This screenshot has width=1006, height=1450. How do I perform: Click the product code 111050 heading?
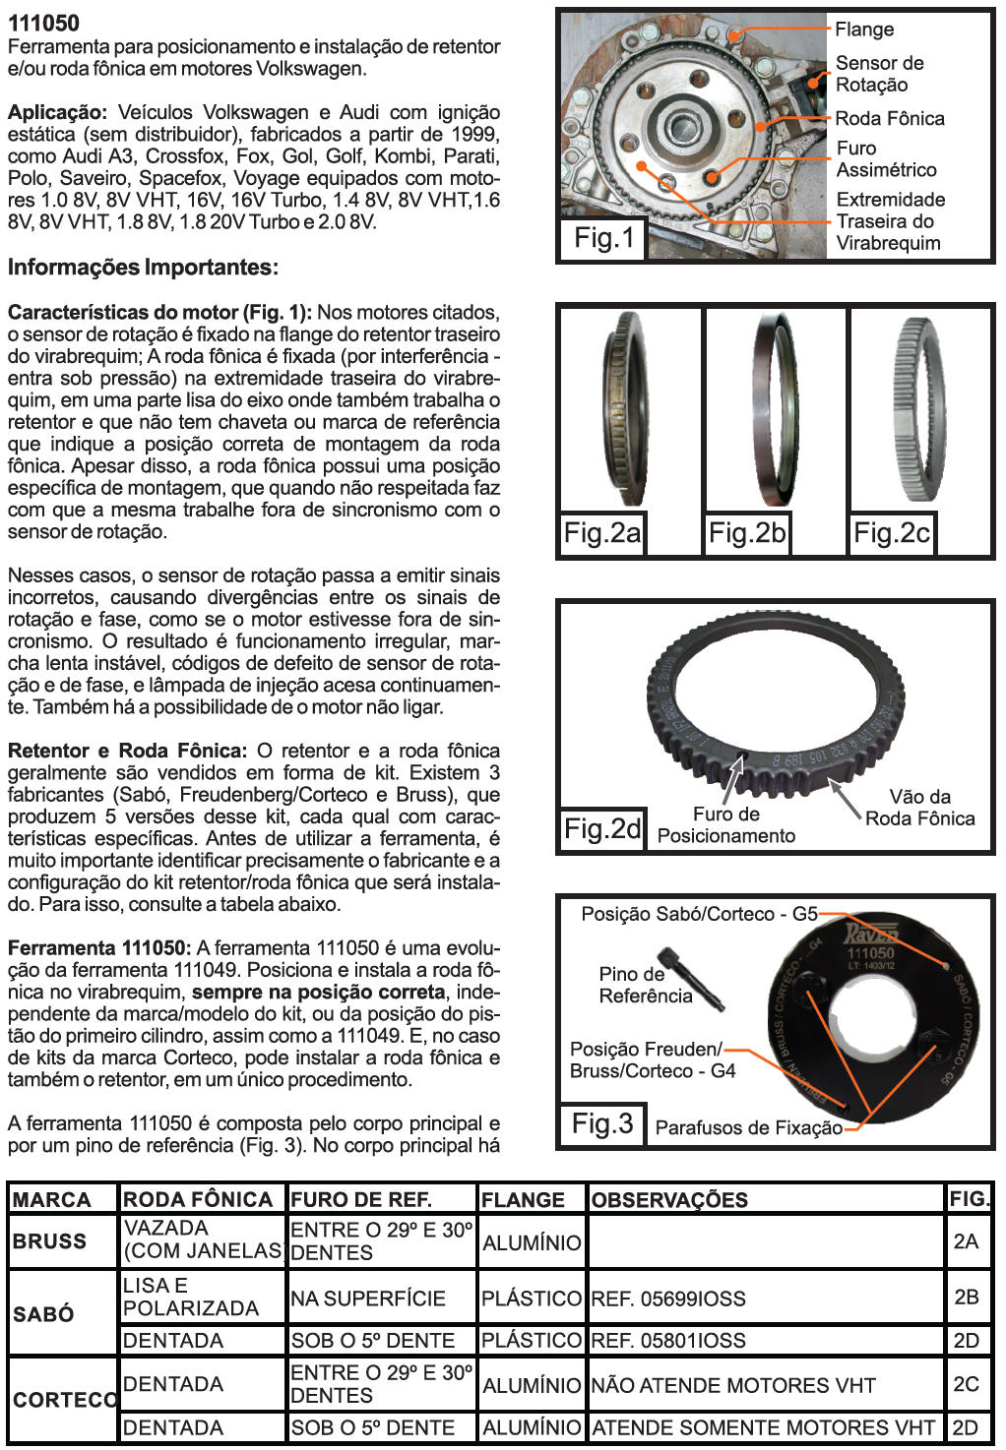click(x=44, y=23)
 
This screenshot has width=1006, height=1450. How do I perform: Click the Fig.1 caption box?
click(x=604, y=237)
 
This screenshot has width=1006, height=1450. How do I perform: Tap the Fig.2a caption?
click(x=601, y=533)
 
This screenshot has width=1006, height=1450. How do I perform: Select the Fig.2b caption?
click(x=747, y=533)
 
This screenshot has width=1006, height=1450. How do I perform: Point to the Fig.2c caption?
click(x=892, y=533)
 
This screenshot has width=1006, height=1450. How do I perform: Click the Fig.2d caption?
click(x=602, y=828)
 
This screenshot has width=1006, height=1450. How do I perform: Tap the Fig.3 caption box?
click(x=602, y=1123)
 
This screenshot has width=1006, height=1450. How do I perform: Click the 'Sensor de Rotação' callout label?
click(x=879, y=74)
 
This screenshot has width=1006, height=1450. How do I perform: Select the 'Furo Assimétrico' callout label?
click(x=886, y=158)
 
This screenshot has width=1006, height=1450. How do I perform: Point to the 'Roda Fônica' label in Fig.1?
click(x=889, y=118)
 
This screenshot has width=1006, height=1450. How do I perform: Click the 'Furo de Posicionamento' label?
click(x=726, y=824)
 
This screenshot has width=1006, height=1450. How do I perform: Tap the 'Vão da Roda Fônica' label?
click(x=919, y=807)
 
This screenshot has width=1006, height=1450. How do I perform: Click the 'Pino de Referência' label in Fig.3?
click(x=645, y=985)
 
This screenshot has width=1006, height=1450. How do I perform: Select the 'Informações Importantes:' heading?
click(x=143, y=268)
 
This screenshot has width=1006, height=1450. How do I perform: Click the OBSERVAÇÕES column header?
click(x=669, y=1199)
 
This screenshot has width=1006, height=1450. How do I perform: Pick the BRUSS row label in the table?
click(x=49, y=1240)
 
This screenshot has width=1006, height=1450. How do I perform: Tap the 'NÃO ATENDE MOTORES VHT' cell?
click(x=733, y=1385)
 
